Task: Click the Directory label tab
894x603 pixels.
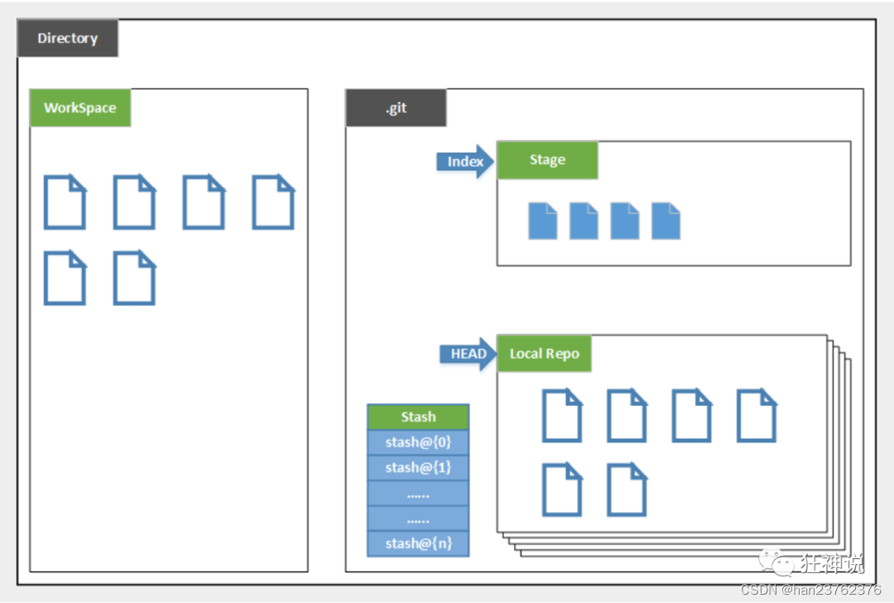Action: click(68, 38)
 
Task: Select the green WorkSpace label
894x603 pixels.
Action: click(80, 108)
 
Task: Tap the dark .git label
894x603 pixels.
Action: click(396, 108)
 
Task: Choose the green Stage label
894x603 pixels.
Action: click(547, 160)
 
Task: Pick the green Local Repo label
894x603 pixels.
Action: click(544, 354)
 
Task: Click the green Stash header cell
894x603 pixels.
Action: click(418, 417)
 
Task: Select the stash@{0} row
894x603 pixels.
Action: click(418, 442)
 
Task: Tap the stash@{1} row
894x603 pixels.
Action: click(418, 467)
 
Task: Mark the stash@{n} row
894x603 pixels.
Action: click(418, 543)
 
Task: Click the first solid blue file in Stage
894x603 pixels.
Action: click(543, 221)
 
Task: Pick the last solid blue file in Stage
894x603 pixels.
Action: click(666, 221)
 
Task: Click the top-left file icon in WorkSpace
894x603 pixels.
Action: click(65, 201)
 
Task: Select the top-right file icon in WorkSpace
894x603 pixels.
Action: click(273, 201)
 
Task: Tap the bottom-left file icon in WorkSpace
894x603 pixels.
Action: click(65, 277)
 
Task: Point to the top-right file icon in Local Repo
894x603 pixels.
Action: click(757, 415)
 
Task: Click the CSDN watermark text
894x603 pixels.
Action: click(811, 590)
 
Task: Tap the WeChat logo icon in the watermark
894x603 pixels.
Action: click(781, 564)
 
